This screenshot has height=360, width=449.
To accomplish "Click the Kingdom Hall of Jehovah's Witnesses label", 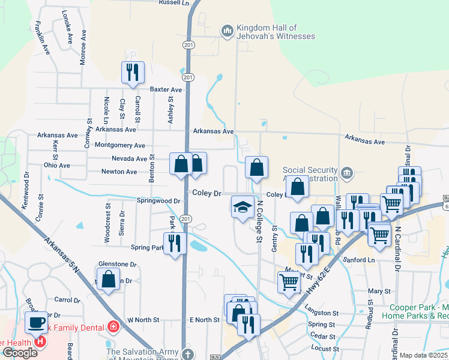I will coord(276,32).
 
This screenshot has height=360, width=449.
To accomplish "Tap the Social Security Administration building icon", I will coord(346,174).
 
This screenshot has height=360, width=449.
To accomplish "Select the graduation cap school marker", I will coord(242,208).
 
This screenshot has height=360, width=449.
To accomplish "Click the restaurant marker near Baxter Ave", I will coord(131,73).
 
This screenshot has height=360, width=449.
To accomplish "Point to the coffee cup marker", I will coord(36,322).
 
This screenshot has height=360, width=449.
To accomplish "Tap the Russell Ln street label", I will coord(173,3).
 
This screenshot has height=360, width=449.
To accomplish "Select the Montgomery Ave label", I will coord(120,145).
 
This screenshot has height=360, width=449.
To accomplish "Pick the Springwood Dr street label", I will coord(158,200).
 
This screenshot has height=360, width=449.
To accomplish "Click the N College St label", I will coord(260,221).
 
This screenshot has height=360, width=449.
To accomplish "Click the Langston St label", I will coord(322,313).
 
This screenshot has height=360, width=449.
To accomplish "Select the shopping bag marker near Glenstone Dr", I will coord(108,279).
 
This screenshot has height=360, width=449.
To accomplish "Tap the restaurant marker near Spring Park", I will coord(175,243).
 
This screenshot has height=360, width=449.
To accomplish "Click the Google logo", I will coord(20,353).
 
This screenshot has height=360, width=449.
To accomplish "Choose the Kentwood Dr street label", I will coord(26,191).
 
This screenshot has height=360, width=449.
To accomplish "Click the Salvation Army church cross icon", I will coord(188,353).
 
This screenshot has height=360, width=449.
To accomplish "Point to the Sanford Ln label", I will coord(359,260).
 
